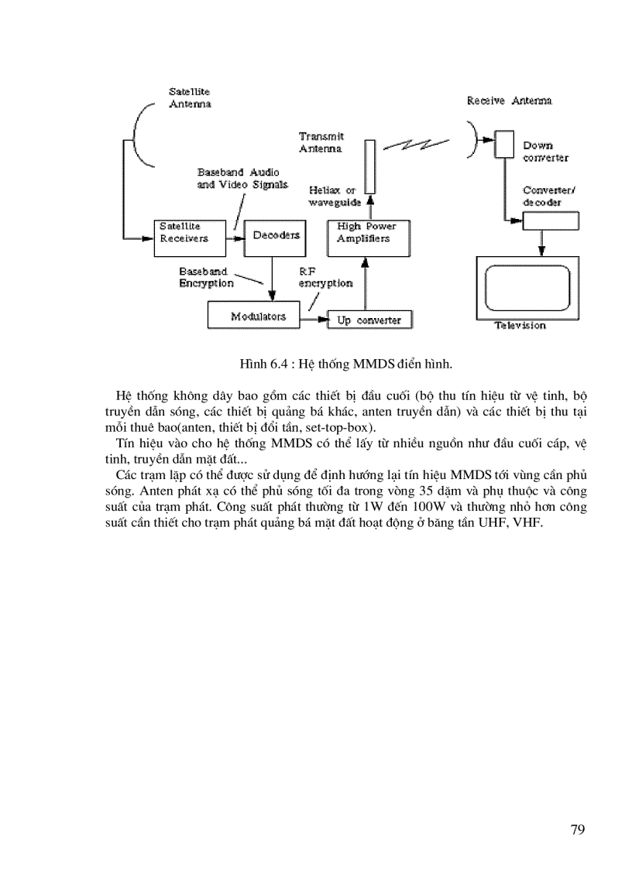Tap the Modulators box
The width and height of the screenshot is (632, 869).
tap(259, 316)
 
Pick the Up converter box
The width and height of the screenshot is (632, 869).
tap(369, 320)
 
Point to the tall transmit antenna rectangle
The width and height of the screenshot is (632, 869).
tap(370, 166)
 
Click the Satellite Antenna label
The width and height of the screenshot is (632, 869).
tap(191, 98)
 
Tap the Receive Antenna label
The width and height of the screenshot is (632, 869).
tap(510, 101)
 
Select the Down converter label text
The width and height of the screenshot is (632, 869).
tap(545, 151)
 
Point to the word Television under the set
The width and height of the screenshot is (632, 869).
tap(520, 326)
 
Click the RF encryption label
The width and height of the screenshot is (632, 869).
tap(325, 277)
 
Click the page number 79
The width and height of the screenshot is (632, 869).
tap(577, 830)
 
